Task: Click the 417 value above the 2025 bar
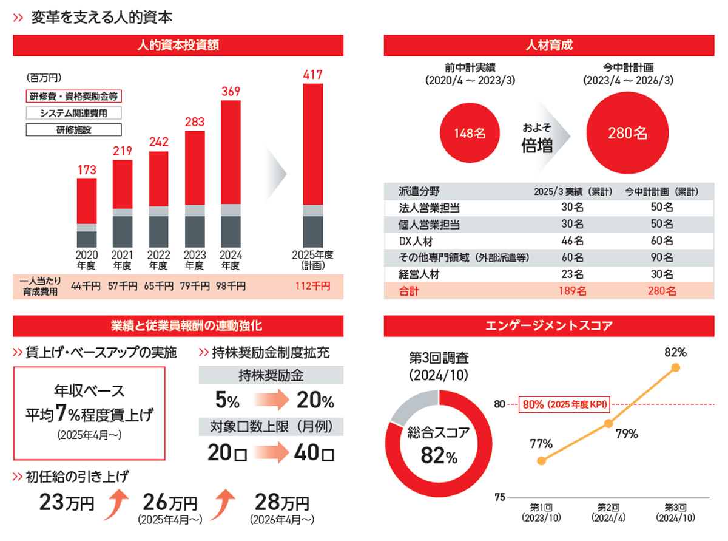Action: click(312, 75)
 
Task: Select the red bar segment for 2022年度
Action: click(158, 179)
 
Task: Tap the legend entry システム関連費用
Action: click(73, 113)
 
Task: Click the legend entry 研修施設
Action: click(73, 129)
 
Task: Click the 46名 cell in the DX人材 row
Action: click(572, 241)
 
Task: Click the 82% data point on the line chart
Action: click(676, 368)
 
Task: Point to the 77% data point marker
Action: click(542, 461)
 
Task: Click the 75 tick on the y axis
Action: click(499, 497)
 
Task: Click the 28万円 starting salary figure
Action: click(282, 503)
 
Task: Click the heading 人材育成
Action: click(549, 46)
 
